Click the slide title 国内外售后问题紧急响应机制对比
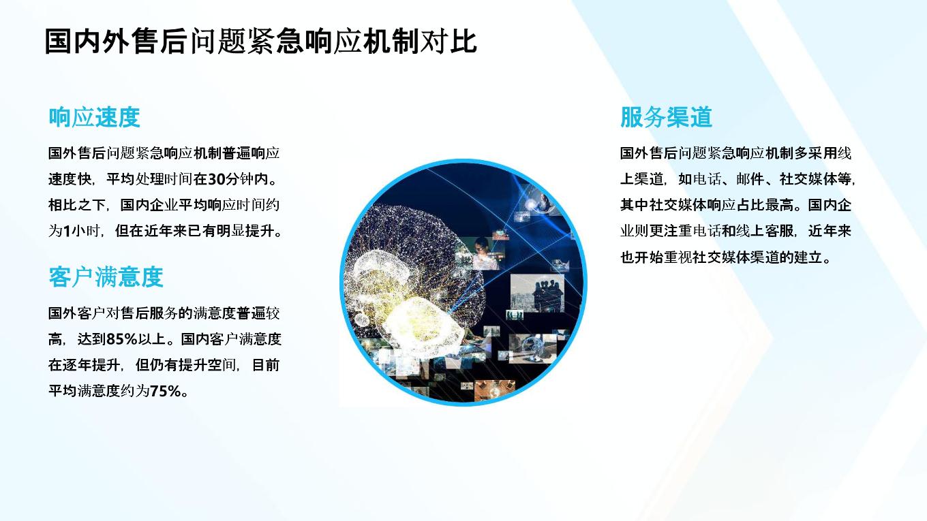(x=260, y=42)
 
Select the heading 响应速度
(x=94, y=117)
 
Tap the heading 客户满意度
(x=106, y=277)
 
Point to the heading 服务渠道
(x=666, y=117)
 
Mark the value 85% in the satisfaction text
(x=121, y=339)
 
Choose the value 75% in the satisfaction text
(x=166, y=391)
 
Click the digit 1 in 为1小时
(x=67, y=231)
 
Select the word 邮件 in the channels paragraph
(x=750, y=179)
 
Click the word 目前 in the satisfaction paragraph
(x=266, y=365)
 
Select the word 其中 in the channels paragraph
(x=634, y=205)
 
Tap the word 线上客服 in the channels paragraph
(x=765, y=231)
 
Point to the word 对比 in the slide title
(x=449, y=42)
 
